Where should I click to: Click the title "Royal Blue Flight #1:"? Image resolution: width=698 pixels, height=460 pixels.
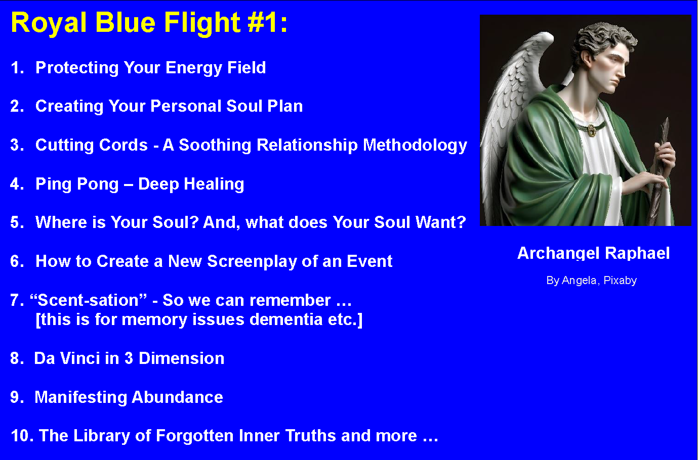click(x=149, y=23)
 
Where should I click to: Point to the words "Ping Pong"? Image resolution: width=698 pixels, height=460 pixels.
click(x=77, y=185)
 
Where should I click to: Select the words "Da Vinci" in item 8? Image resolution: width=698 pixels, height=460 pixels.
click(x=67, y=358)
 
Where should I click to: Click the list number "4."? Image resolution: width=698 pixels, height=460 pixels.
click(x=17, y=184)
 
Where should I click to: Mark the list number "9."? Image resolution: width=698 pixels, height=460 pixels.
click(x=17, y=397)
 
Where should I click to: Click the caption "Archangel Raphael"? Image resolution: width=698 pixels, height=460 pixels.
click(x=593, y=253)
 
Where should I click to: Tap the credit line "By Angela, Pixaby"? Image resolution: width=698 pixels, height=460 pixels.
click(x=591, y=281)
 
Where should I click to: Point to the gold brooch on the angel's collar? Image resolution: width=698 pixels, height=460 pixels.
click(x=591, y=130)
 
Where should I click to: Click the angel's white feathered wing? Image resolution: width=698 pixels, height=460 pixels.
click(x=511, y=101)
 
